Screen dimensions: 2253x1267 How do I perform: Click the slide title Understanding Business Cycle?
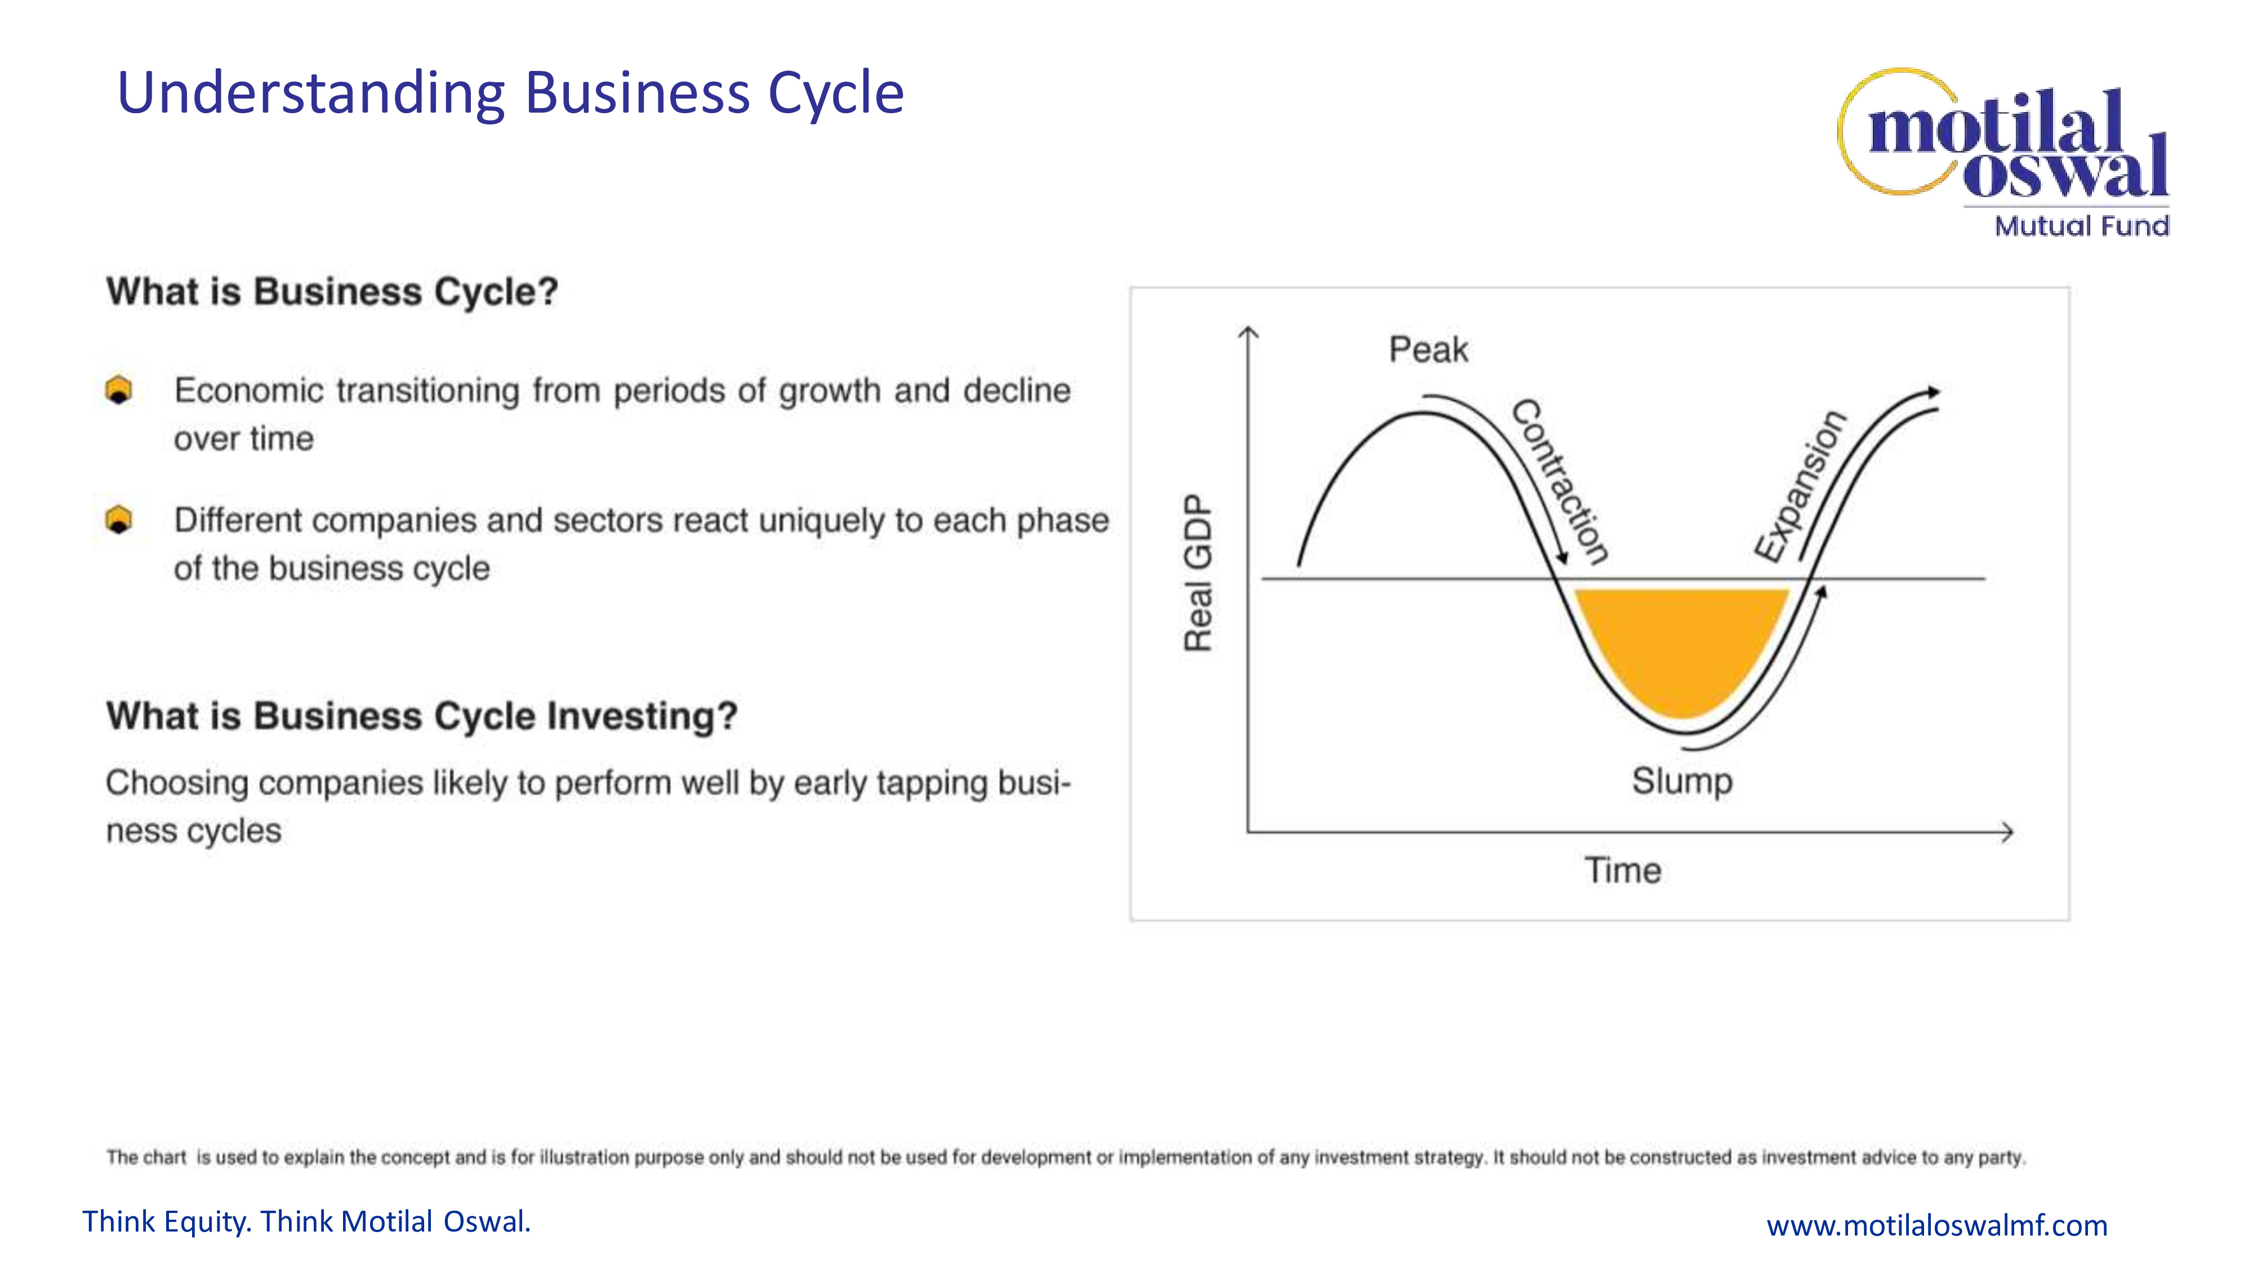[x=510, y=93]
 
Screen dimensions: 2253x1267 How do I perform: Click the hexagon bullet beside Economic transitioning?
[x=119, y=390]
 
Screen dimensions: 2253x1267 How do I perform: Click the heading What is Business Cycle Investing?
[x=421, y=716]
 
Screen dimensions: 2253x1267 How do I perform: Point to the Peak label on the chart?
[x=1428, y=350]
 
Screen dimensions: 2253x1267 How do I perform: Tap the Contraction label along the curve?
[x=1560, y=482]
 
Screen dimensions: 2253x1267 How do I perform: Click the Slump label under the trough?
[x=1681, y=781]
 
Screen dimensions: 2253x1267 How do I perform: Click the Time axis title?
[x=1622, y=871]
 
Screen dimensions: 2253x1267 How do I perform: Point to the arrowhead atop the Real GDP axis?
[x=1249, y=332]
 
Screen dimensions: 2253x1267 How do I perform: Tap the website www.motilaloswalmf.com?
[x=1936, y=1225]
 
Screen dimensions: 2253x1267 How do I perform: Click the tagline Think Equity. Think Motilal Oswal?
[x=306, y=1221]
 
